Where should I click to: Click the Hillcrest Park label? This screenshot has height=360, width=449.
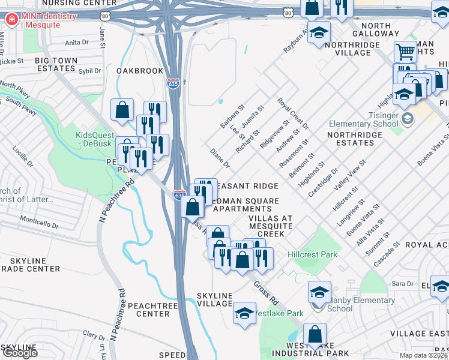(312, 254)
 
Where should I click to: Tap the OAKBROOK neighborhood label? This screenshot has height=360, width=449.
(140, 71)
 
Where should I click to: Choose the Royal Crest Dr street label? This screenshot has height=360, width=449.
(292, 114)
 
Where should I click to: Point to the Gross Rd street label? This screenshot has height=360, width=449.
(266, 291)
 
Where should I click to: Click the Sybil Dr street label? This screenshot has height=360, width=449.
(90, 71)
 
